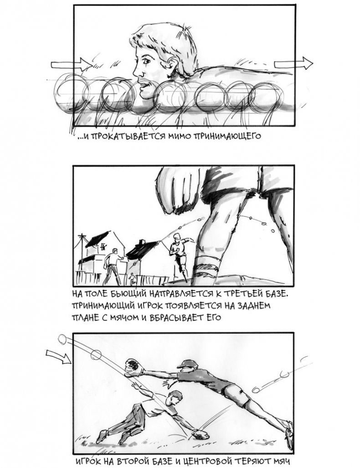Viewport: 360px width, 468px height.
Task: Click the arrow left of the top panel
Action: click(x=72, y=64)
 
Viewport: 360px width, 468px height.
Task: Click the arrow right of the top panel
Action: click(x=293, y=63)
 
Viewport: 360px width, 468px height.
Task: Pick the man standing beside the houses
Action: click(x=113, y=266)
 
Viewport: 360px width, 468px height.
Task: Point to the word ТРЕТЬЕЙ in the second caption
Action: click(x=242, y=294)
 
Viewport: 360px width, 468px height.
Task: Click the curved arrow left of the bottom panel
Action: click(x=59, y=357)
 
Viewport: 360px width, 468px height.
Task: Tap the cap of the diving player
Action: click(x=188, y=364)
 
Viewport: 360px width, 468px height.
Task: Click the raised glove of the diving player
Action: click(x=133, y=367)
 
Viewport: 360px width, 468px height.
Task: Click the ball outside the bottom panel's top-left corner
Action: click(x=62, y=339)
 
